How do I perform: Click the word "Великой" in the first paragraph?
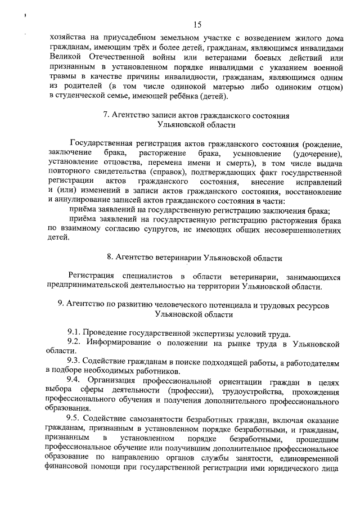(x=67, y=58)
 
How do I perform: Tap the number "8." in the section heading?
(x=110, y=258)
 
